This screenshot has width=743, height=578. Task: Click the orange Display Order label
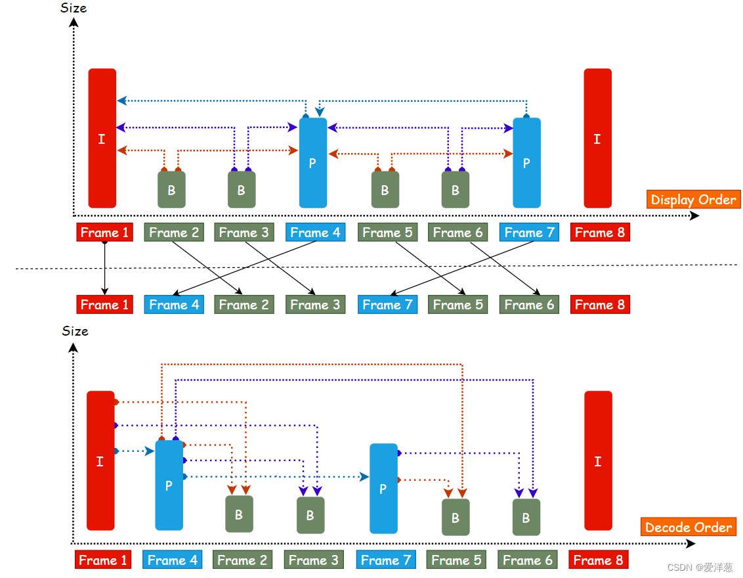(x=693, y=200)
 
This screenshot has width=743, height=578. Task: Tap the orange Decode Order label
(x=688, y=527)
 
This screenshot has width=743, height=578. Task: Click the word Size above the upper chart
(x=74, y=8)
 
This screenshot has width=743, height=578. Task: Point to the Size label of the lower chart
(x=75, y=331)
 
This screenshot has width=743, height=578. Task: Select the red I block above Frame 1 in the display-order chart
(x=102, y=139)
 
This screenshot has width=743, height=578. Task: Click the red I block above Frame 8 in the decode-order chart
(x=598, y=460)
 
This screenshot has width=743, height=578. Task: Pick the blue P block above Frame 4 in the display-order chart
(x=313, y=163)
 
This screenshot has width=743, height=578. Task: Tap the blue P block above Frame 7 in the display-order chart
(x=526, y=163)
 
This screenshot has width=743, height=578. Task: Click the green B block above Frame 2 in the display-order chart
(x=171, y=190)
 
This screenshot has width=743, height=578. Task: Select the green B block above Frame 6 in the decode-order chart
(x=526, y=517)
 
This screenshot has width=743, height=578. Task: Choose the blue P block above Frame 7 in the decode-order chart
(x=383, y=488)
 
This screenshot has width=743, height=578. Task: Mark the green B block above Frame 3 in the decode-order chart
(x=310, y=515)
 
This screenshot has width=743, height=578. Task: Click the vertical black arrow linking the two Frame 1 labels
(x=104, y=268)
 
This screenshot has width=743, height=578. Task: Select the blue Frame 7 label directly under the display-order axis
(x=529, y=233)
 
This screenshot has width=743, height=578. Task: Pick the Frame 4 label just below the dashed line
(x=173, y=305)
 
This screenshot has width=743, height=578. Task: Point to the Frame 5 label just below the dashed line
(x=457, y=305)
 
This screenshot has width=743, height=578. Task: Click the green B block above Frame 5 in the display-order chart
(x=385, y=190)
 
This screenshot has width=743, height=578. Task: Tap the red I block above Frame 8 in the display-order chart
(x=597, y=139)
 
